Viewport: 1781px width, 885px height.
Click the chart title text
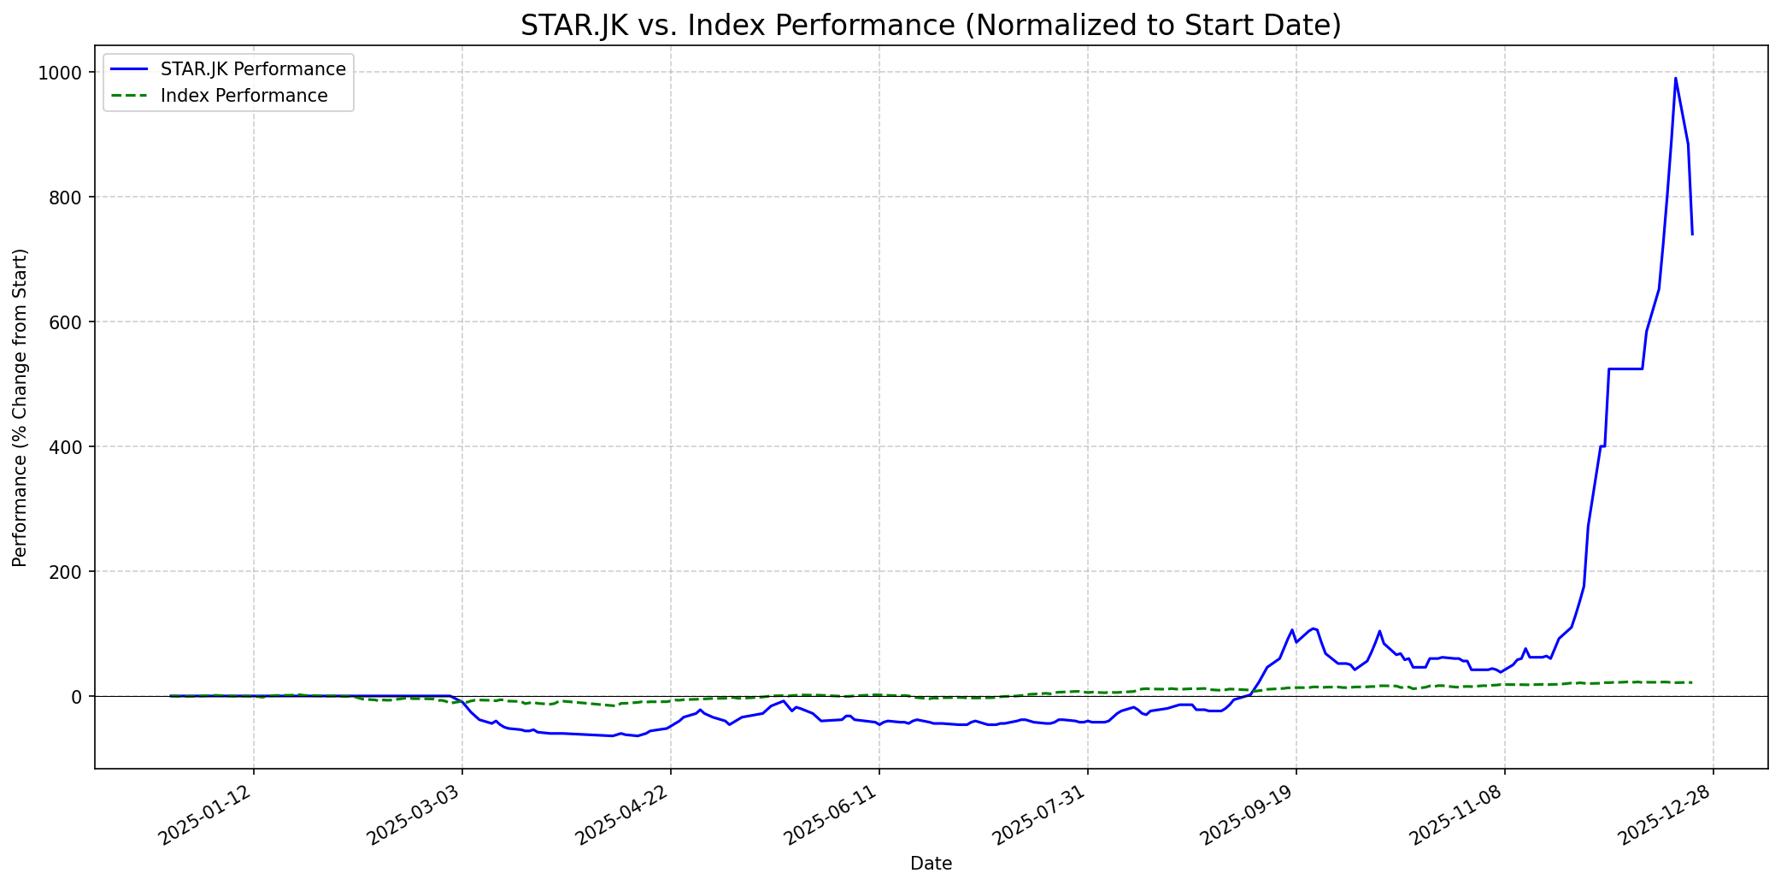[931, 26]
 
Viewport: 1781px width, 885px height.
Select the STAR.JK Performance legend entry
[253, 69]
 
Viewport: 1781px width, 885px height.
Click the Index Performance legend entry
[244, 96]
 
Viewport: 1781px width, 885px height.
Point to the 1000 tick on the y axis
[64, 73]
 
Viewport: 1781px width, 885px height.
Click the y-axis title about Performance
[21, 407]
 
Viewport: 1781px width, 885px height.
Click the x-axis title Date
[931, 864]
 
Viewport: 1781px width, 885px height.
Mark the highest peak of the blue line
[1675, 79]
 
